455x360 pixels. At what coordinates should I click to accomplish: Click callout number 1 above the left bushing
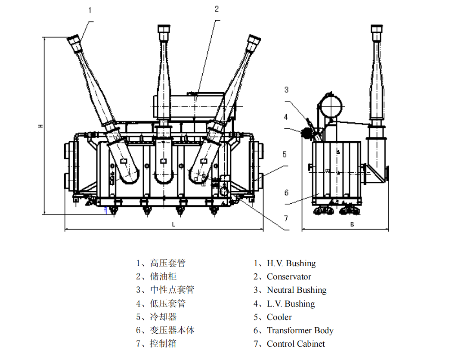(x=90, y=10)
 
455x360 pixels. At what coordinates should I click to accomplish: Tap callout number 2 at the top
(x=217, y=9)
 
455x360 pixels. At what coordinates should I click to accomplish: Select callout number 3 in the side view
(x=286, y=90)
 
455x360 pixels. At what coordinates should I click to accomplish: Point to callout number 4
(x=286, y=117)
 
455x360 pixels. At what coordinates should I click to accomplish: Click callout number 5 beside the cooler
(x=284, y=154)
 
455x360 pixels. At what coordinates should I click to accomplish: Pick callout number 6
(x=286, y=192)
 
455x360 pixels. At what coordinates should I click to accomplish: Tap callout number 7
(x=286, y=218)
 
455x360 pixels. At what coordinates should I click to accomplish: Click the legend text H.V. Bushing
(x=291, y=263)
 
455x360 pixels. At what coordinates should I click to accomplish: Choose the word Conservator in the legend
(x=288, y=277)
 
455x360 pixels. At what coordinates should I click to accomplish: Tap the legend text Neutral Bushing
(x=297, y=290)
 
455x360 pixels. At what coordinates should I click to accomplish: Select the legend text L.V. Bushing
(x=291, y=304)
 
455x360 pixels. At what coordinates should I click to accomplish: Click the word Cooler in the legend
(x=279, y=317)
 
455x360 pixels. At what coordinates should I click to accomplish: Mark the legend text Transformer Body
(x=300, y=331)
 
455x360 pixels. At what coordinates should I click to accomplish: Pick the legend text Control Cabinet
(x=296, y=344)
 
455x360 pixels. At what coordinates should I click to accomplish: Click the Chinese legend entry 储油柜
(x=163, y=277)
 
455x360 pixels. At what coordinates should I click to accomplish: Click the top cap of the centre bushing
(x=164, y=30)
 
